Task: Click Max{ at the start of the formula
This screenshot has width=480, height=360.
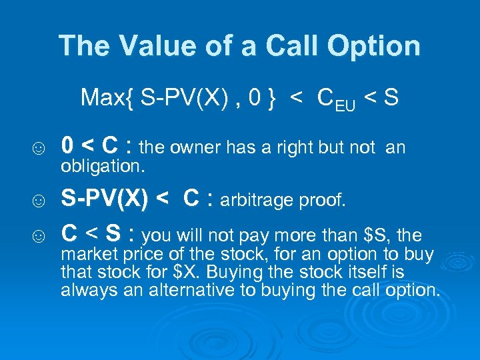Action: pyautogui.click(x=103, y=98)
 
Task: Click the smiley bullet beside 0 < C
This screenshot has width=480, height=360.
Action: pyautogui.click(x=39, y=148)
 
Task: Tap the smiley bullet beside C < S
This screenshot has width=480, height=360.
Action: pyautogui.click(x=39, y=236)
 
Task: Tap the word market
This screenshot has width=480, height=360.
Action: pyautogui.click(x=83, y=255)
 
